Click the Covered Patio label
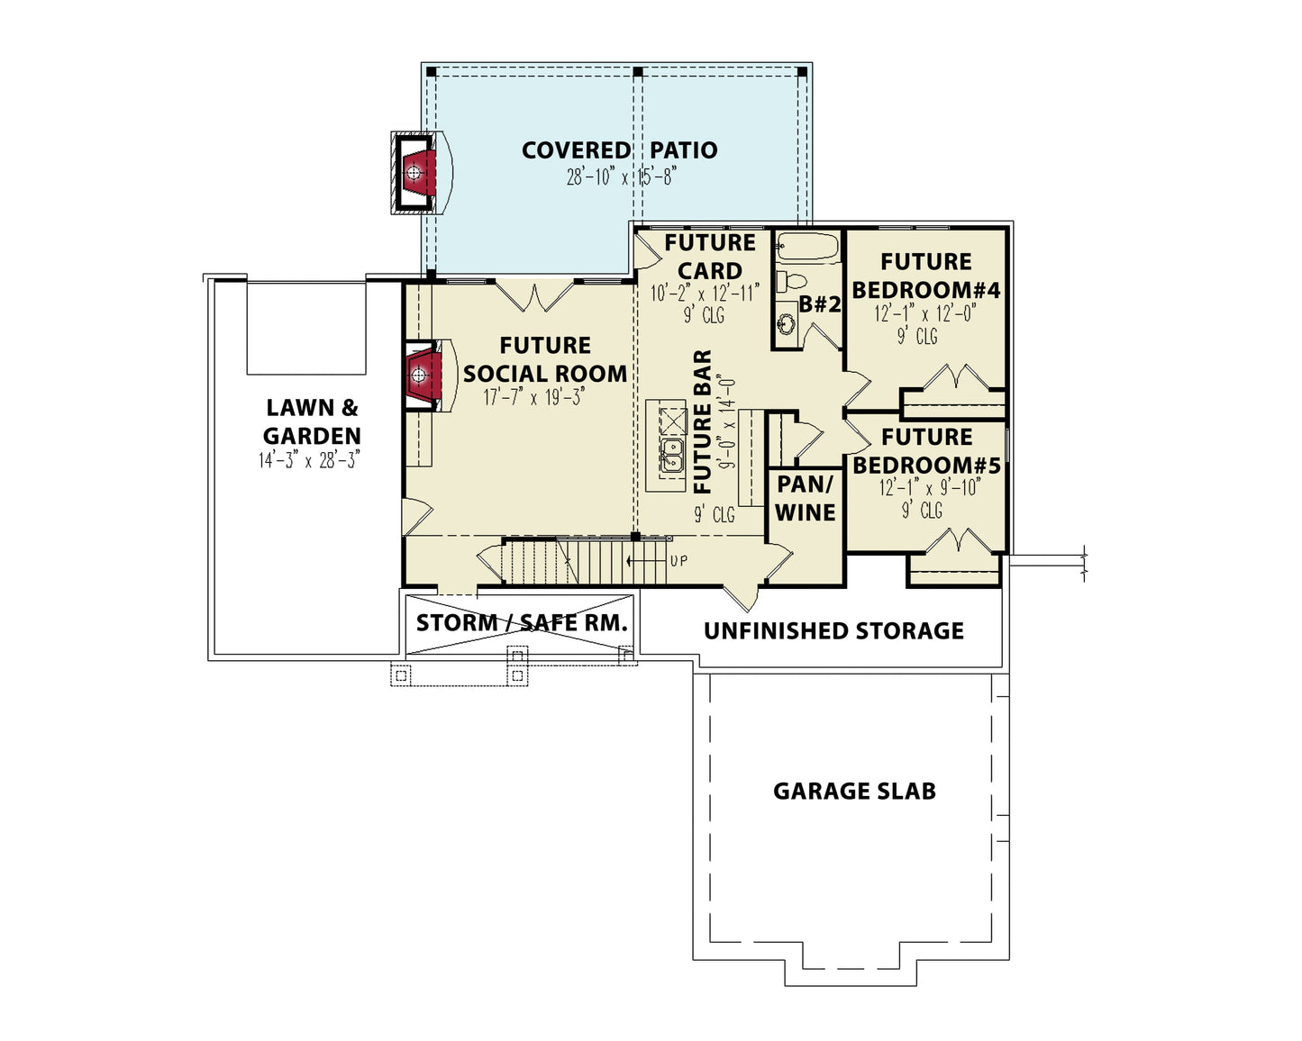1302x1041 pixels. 619,150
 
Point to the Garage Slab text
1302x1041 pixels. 854,791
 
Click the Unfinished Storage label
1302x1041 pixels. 833,630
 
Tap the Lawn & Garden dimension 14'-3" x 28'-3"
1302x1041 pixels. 309,460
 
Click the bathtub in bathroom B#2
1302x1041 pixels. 807,248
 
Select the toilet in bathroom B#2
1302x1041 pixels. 792,281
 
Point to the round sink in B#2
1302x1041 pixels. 787,324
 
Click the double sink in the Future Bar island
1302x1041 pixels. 672,455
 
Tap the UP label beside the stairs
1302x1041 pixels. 678,561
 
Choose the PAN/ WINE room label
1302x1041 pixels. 806,498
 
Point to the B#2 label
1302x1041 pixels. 820,304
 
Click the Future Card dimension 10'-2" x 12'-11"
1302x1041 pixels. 705,294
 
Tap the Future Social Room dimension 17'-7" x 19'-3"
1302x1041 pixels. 534,397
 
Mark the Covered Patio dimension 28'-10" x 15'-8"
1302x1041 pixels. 621,177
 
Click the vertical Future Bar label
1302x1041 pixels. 703,421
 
